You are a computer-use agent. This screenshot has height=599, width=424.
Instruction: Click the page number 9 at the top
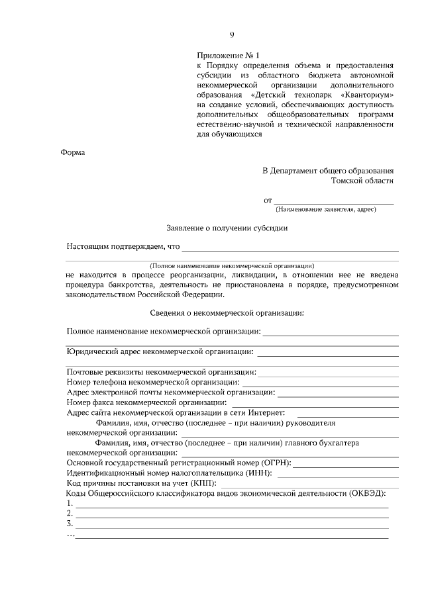pyautogui.click(x=232, y=35)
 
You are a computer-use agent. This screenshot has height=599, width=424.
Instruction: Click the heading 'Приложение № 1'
pyautogui.click(x=225, y=56)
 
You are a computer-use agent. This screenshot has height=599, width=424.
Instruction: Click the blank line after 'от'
pyautogui.click(x=334, y=201)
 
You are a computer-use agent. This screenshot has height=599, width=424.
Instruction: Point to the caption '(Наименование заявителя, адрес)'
pyautogui.click(x=326, y=209)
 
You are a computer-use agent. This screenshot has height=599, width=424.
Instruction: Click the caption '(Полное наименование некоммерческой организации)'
pyautogui.click(x=232, y=265)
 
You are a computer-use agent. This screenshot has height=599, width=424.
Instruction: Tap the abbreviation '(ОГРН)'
pyautogui.click(x=273, y=463)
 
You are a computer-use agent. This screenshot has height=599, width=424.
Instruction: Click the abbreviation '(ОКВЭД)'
pyautogui.click(x=364, y=493)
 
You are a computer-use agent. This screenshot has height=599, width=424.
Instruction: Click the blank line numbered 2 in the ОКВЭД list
pyautogui.click(x=232, y=514)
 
